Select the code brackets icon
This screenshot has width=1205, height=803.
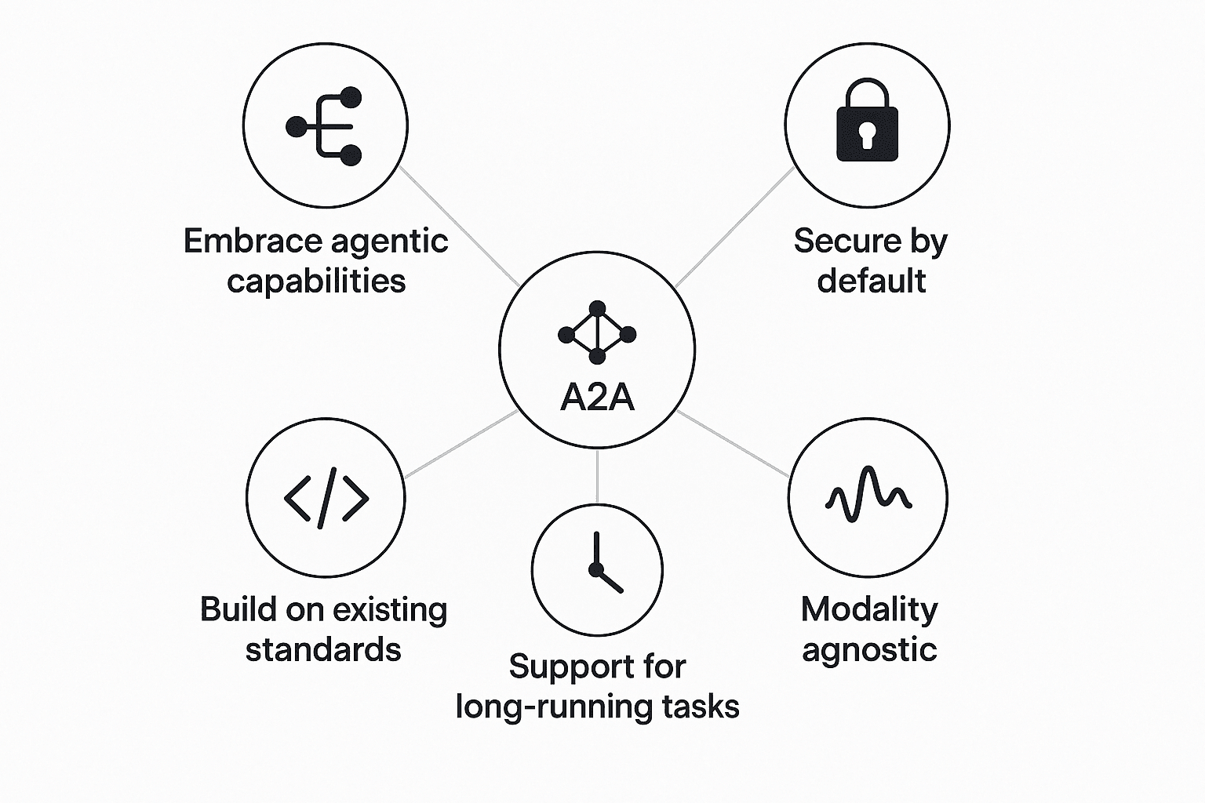pyautogui.click(x=326, y=497)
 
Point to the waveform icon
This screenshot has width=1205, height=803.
pyautogui.click(x=868, y=496)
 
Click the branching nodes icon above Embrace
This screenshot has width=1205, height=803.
pyautogui.click(x=326, y=125)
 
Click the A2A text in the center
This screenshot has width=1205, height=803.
pyautogui.click(x=597, y=398)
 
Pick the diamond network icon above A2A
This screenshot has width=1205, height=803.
pyautogui.click(x=597, y=333)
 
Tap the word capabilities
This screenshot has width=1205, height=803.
pyautogui.click(x=316, y=282)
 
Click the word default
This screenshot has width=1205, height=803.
pyautogui.click(x=871, y=281)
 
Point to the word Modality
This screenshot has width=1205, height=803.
pyautogui.click(x=869, y=610)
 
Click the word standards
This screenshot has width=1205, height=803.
pyautogui.click(x=323, y=650)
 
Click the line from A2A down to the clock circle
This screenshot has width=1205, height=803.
pyautogui.click(x=597, y=476)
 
